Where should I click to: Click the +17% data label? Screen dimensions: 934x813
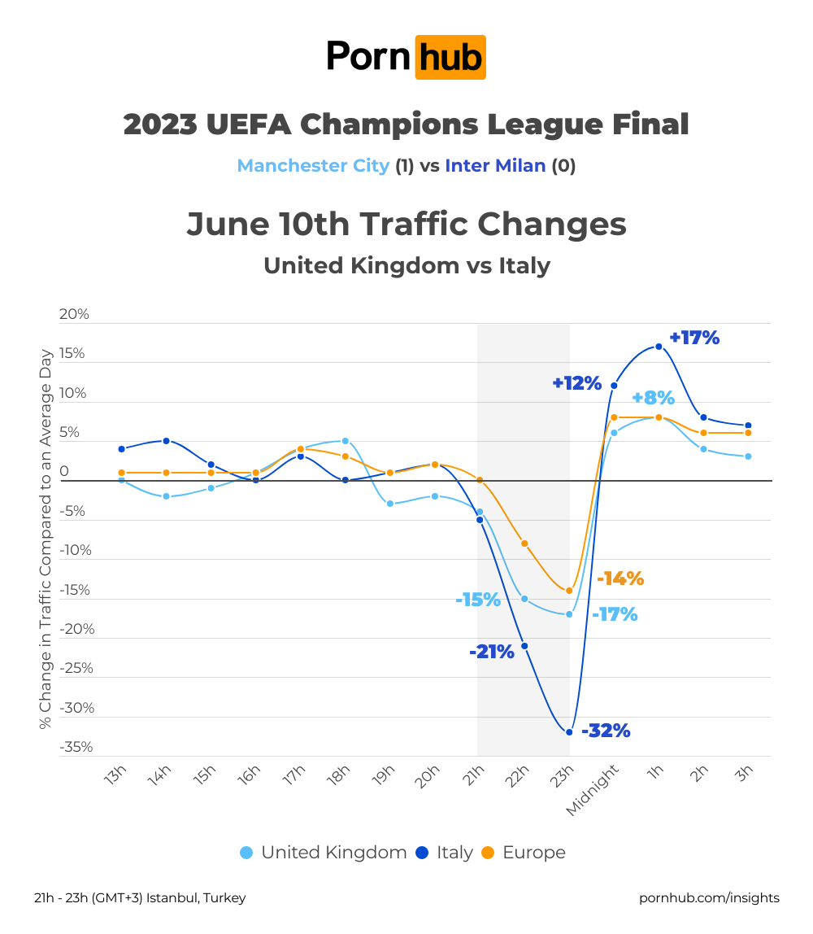pos(694,338)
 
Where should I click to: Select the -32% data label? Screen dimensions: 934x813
pos(606,731)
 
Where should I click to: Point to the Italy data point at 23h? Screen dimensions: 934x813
pos(569,732)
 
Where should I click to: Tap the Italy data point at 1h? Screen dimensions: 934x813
pos(659,347)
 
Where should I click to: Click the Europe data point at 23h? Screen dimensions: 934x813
pos(569,591)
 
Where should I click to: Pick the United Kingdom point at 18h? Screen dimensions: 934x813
pos(346,441)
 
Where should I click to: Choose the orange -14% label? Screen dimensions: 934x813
pos(620,579)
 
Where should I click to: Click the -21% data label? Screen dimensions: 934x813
pos(492,652)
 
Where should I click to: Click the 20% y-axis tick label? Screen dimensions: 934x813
pos(74,314)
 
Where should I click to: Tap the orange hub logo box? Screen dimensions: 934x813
pos(450,57)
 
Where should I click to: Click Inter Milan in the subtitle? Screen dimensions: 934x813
pos(495,166)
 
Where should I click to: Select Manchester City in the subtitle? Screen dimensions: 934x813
pos(313,166)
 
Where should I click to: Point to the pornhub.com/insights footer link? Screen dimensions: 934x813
pos(709,898)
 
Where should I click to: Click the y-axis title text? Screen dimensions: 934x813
pos(46,539)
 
